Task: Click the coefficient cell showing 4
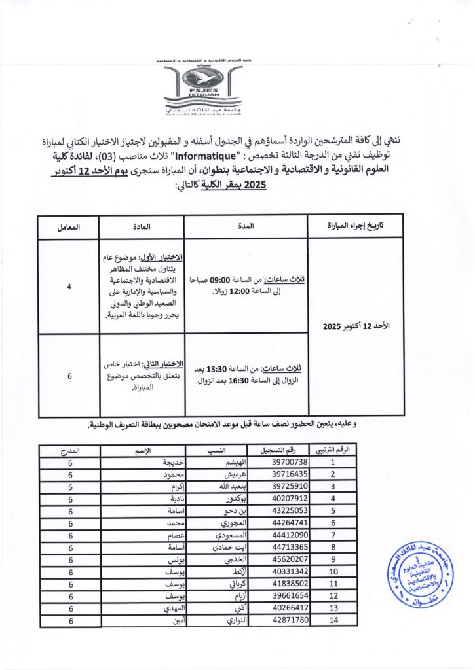(69, 285)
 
